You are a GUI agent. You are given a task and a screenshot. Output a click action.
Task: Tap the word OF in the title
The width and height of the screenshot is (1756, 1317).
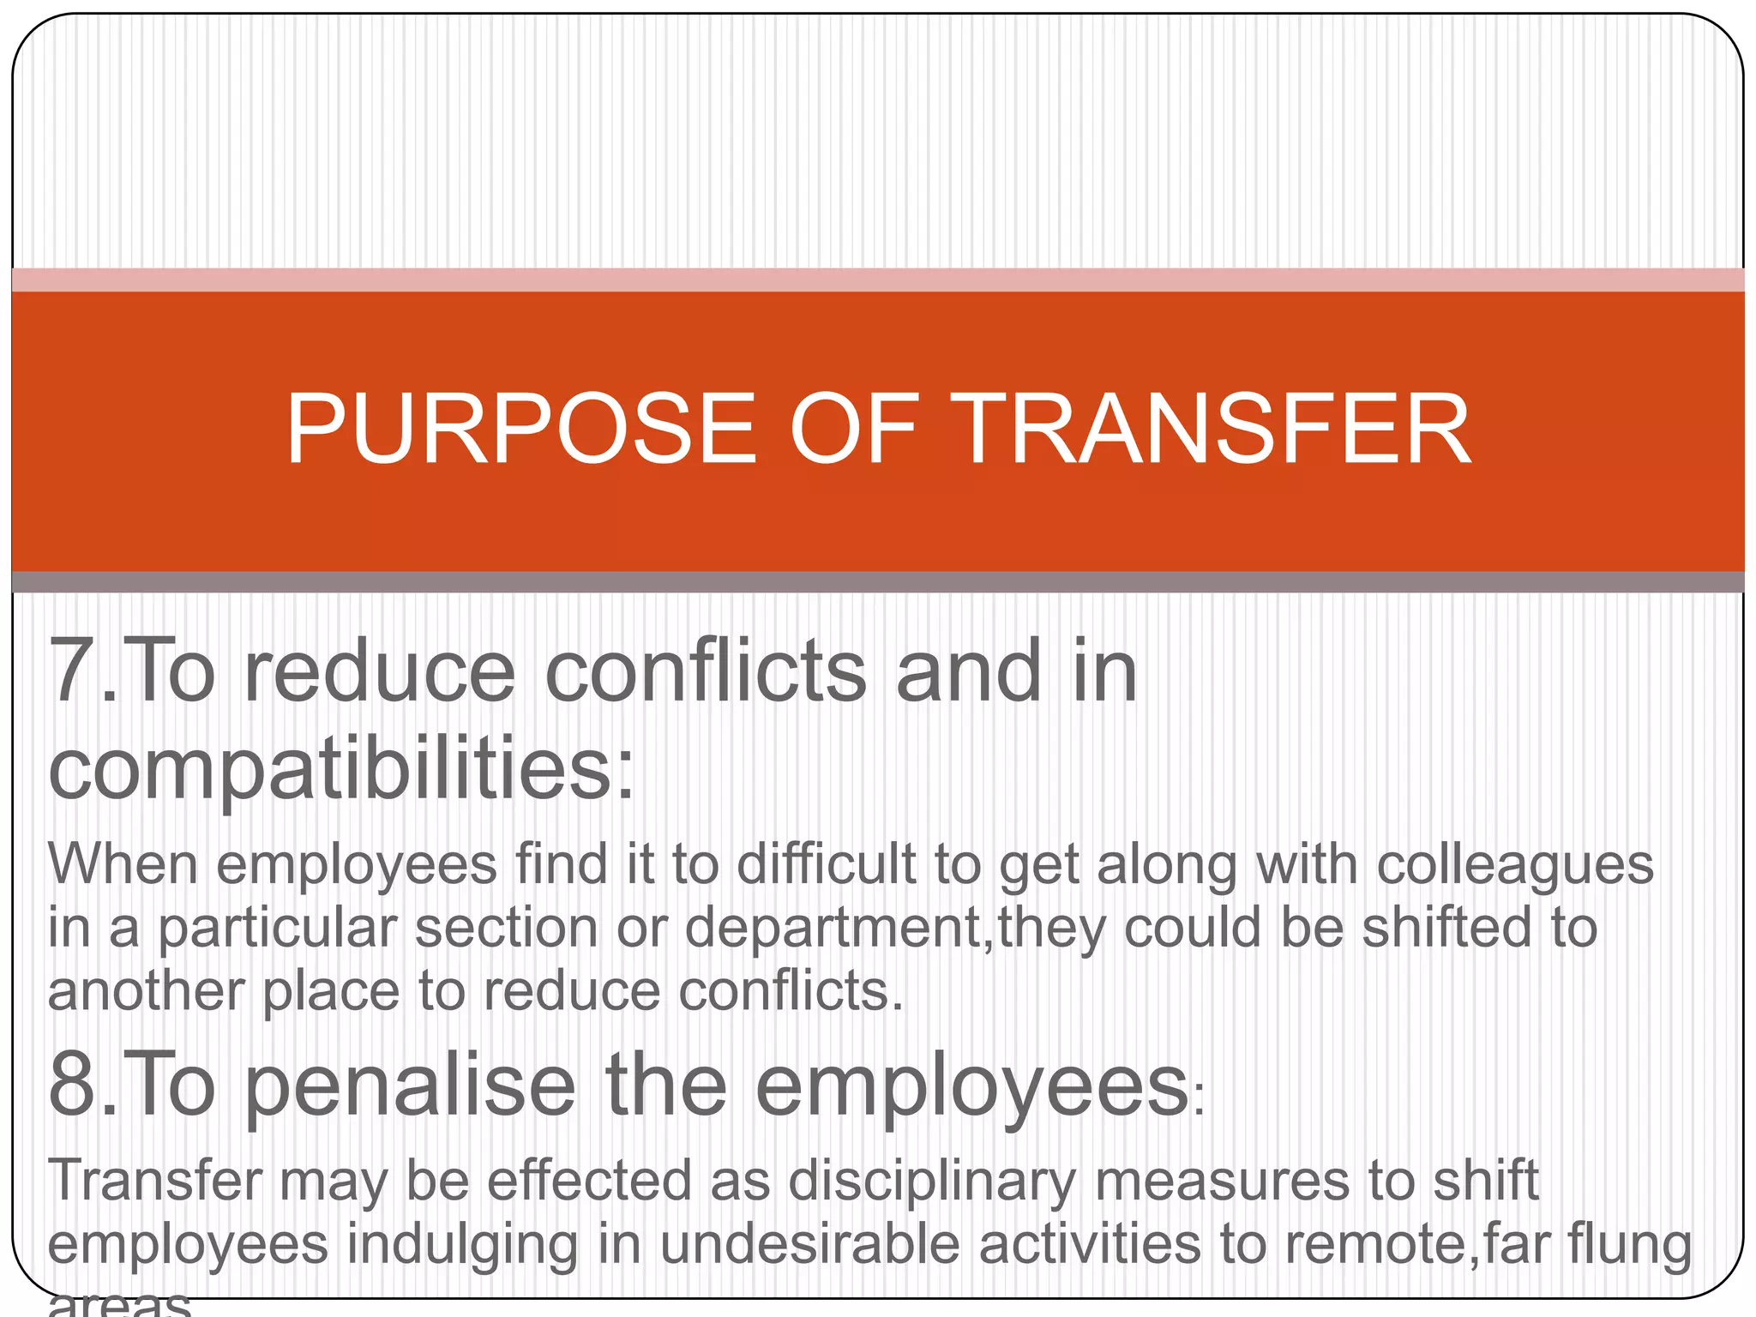click(854, 429)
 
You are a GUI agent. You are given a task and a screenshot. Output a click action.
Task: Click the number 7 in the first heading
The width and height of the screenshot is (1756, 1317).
click(72, 671)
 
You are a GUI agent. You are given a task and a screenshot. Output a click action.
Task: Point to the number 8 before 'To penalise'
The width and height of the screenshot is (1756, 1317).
click(72, 1085)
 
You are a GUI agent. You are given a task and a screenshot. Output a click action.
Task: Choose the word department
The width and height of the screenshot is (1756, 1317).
click(833, 929)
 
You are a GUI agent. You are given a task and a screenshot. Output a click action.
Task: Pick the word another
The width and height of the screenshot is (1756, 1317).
click(146, 992)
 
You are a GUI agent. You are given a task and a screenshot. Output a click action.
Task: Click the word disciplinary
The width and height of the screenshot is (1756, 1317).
click(931, 1182)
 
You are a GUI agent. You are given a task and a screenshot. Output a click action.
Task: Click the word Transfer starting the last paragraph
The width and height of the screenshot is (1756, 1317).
click(154, 1182)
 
